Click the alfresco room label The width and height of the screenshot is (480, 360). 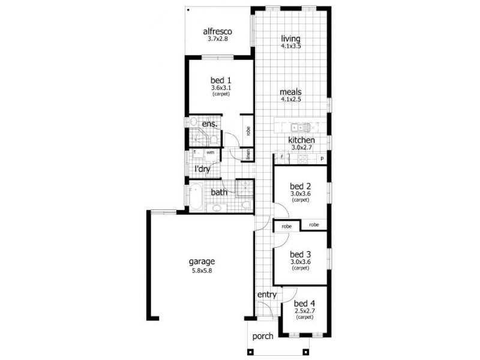point(217,31)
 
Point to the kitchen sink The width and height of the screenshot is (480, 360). point(296,127)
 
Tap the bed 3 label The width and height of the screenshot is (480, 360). point(300,253)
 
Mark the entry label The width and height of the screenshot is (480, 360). point(266,295)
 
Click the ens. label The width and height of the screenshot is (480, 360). point(209,124)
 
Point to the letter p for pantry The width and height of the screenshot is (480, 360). point(322,159)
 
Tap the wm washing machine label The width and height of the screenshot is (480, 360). point(211,152)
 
